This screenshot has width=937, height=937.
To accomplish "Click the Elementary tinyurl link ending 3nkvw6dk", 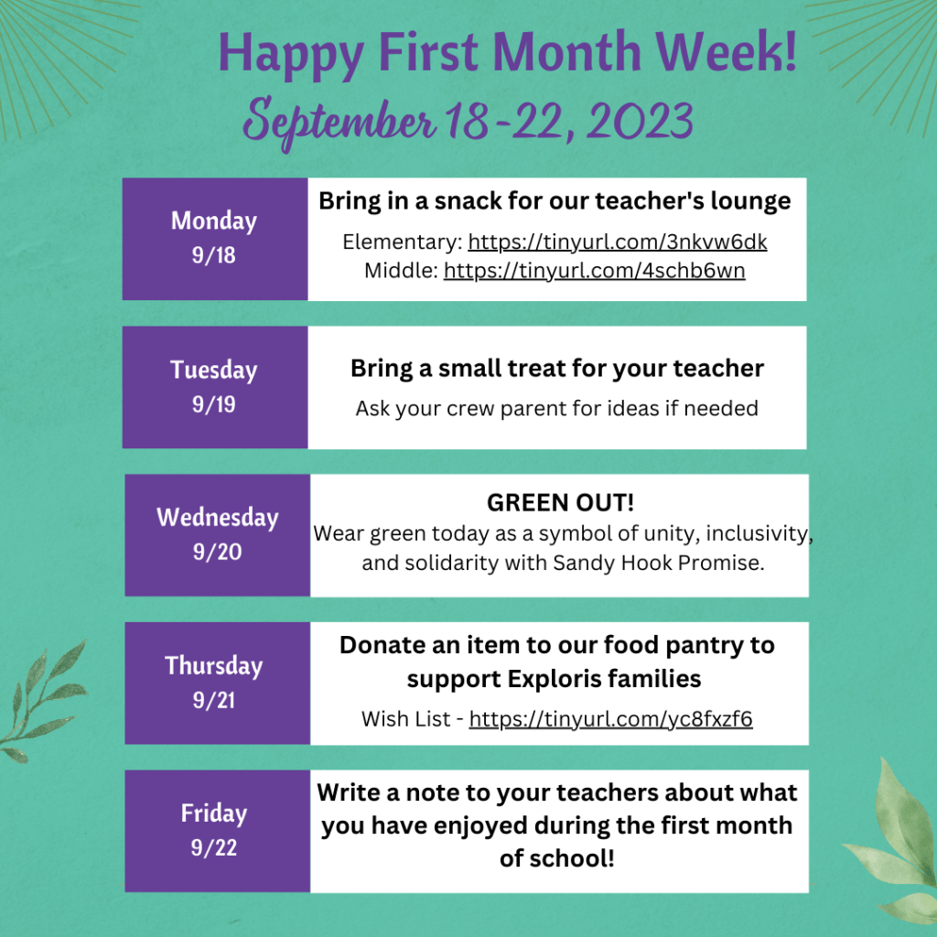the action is pyautogui.click(x=618, y=242).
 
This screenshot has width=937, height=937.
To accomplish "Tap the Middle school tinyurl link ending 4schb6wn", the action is pyautogui.click(x=594, y=271).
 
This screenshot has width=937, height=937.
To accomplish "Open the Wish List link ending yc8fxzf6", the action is pyautogui.click(x=610, y=719).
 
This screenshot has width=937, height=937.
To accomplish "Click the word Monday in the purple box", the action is pyautogui.click(x=214, y=221).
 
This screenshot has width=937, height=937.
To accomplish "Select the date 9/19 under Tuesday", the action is pyautogui.click(x=214, y=404).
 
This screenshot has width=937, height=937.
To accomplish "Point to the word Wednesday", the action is pyautogui.click(x=218, y=518).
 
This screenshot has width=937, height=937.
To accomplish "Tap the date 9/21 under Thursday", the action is pyautogui.click(x=214, y=700).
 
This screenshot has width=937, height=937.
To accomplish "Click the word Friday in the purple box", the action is pyautogui.click(x=214, y=813).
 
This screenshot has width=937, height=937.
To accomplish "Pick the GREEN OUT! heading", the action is pyautogui.click(x=561, y=502).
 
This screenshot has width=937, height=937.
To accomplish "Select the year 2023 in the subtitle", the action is pyautogui.click(x=640, y=120).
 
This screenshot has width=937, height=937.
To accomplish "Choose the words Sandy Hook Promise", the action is pyautogui.click(x=659, y=563).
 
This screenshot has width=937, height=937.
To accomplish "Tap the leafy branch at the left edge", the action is pyautogui.click(x=42, y=702).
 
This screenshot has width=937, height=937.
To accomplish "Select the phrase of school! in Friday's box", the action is pyautogui.click(x=557, y=858).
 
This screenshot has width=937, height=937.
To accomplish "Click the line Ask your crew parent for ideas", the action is pyautogui.click(x=556, y=409).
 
